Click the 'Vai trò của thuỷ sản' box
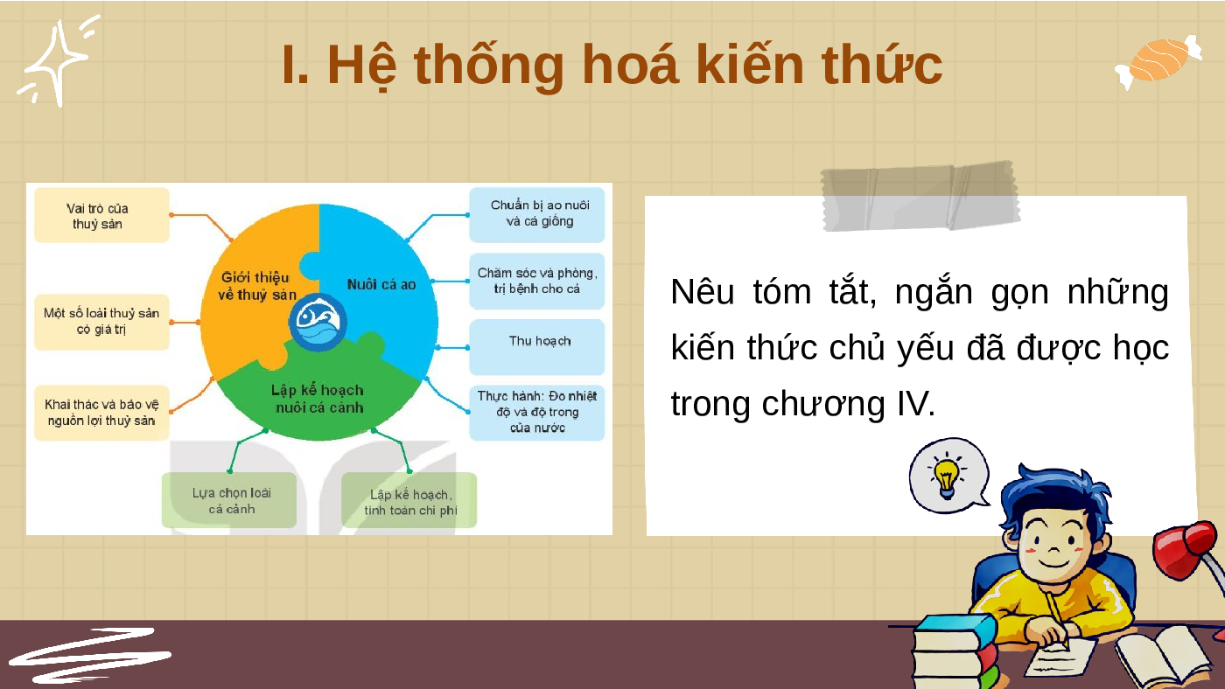[101, 215]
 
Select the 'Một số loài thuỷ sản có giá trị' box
[101, 322]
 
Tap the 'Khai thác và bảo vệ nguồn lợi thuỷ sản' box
[101, 413]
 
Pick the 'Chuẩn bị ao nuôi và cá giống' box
[537, 215]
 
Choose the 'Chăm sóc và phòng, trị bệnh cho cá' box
[537, 281]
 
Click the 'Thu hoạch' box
[537, 347]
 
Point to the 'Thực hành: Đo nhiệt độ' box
[537, 413]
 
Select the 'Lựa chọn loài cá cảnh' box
[229, 500]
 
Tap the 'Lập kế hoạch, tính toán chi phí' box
[409, 500]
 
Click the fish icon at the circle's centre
[318, 323]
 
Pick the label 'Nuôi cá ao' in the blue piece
[381, 285]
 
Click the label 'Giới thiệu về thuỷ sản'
[256, 286]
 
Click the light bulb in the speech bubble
[947, 476]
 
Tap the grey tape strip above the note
[920, 196]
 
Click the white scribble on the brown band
[90, 656]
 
